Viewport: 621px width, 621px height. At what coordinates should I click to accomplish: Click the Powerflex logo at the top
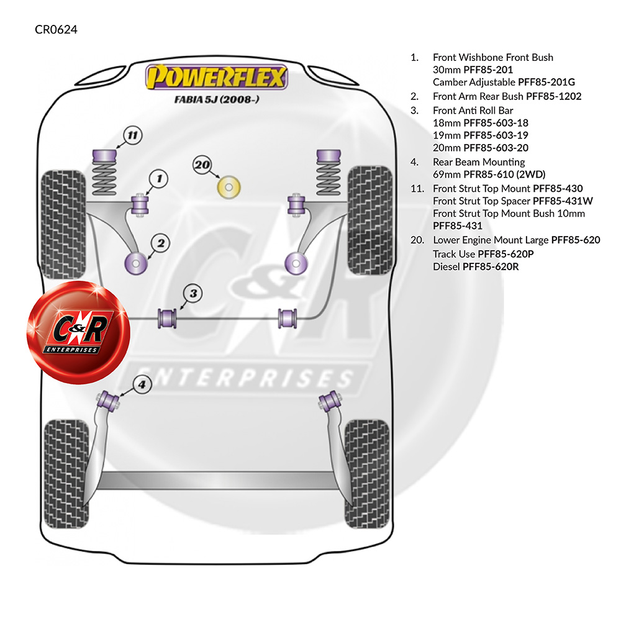point(216,76)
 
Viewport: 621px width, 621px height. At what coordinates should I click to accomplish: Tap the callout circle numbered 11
point(133,135)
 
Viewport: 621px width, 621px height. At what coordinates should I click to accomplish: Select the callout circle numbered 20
point(202,165)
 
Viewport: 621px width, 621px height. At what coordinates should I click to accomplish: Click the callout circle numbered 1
point(159,179)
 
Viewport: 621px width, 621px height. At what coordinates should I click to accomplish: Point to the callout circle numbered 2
point(160,243)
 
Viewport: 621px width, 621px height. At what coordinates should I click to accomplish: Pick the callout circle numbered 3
point(193,294)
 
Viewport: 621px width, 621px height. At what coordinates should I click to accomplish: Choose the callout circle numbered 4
point(142,384)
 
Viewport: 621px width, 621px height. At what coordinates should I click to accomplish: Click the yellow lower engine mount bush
point(229,187)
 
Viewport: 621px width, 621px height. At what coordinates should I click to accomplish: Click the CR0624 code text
point(57,30)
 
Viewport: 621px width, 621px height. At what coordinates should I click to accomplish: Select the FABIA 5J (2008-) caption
point(217,99)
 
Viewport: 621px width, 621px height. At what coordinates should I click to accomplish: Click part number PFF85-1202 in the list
point(554,96)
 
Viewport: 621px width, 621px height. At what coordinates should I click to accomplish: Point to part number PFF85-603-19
point(496,135)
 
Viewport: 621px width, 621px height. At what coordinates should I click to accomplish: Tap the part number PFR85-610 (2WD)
point(504,175)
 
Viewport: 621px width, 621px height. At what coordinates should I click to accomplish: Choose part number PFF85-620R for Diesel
point(491,266)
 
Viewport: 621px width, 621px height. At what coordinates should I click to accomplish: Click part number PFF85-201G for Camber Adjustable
point(546,82)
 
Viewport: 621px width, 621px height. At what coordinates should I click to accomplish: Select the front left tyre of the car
point(63,224)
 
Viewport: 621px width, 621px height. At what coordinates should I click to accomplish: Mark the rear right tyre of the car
point(367,474)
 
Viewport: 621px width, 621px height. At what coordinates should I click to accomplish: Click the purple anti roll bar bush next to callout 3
point(168,318)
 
